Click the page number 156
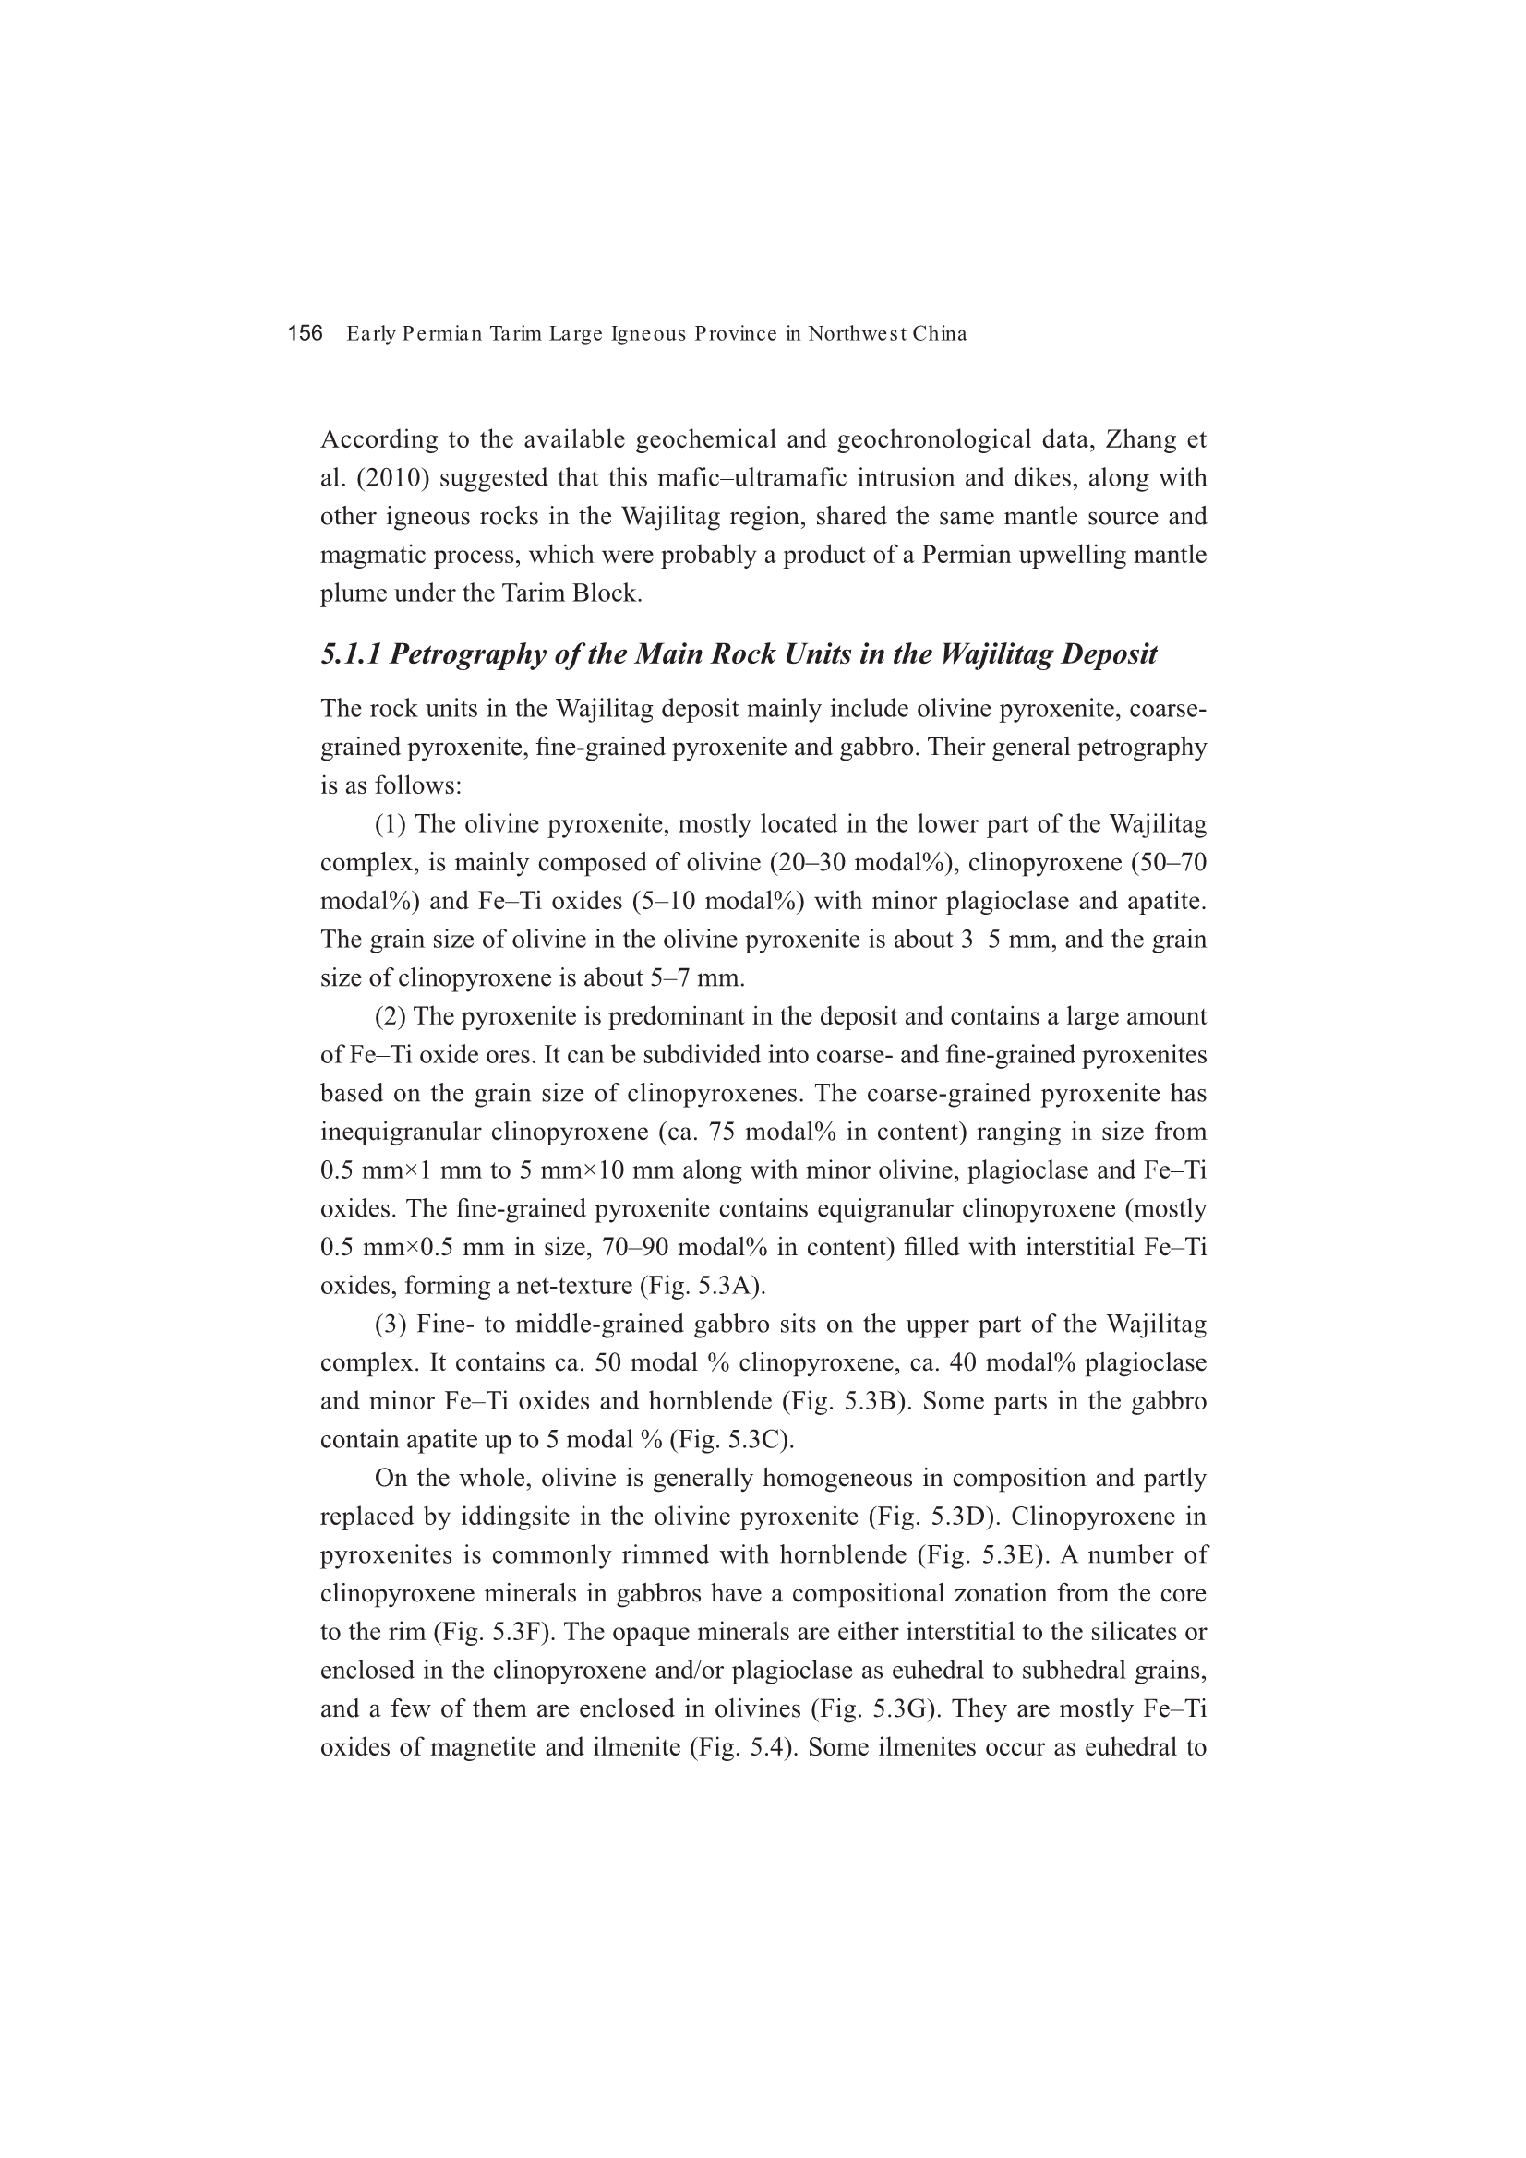pyautogui.click(x=305, y=333)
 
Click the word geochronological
pyautogui.click(x=960, y=440)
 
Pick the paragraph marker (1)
pyautogui.click(x=391, y=824)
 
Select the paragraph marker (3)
pyautogui.click(x=391, y=1325)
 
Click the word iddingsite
pyautogui.click(x=513, y=1517)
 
